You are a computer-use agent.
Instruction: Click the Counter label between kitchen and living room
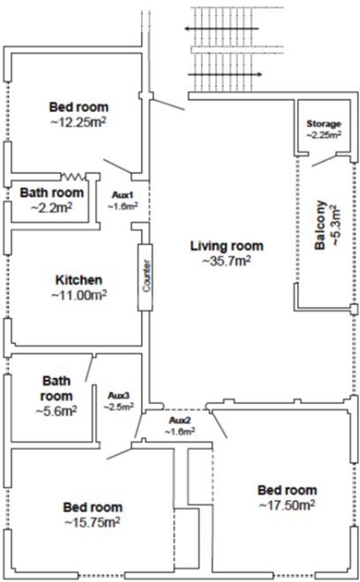(146, 276)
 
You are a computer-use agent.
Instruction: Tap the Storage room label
(324, 124)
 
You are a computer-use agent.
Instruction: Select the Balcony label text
(320, 225)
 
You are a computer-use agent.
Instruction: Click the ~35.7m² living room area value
(227, 261)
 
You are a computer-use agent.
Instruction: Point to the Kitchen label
(79, 280)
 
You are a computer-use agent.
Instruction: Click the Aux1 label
(122, 195)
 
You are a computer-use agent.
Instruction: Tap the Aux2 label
(180, 420)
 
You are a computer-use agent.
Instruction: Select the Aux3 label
(118, 396)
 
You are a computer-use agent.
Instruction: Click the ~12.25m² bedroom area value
(78, 122)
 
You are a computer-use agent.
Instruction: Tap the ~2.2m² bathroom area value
(52, 207)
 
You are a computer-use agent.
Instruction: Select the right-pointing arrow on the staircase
(225, 75)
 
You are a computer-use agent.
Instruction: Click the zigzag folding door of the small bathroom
(73, 177)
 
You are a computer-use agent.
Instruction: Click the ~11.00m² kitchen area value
(79, 295)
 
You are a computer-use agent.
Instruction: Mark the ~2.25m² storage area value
(324, 135)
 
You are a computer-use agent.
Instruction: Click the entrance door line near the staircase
(168, 105)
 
